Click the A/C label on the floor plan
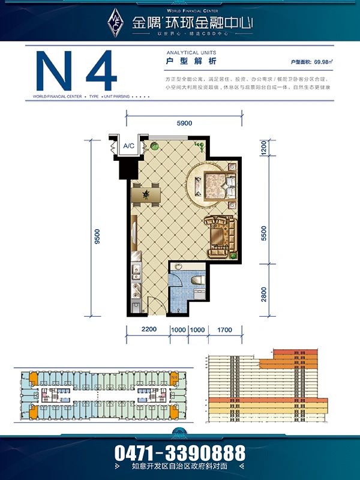(128, 146)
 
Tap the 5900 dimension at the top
(184, 123)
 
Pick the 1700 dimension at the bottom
(225, 330)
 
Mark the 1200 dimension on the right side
(265, 148)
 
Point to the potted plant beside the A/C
(154, 145)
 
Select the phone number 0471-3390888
(180, 452)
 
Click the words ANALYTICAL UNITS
(190, 53)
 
